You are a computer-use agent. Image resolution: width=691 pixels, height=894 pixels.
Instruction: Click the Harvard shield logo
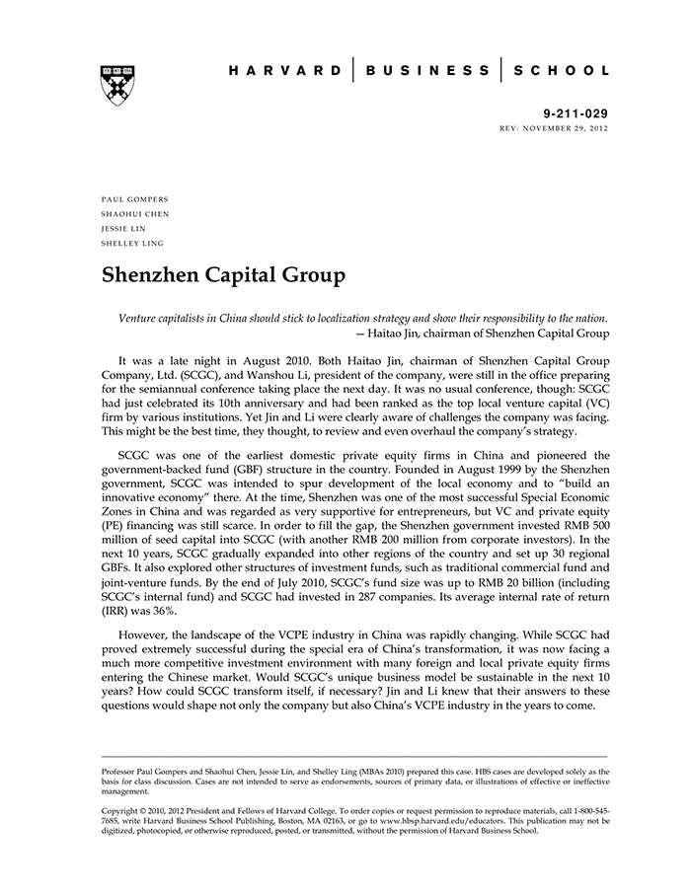pos(117,85)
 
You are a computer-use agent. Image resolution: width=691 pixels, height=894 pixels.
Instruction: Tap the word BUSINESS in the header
pos(427,71)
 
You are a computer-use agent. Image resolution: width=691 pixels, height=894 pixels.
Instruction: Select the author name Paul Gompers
pos(134,199)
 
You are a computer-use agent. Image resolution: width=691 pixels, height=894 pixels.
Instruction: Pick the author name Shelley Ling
pos(133,243)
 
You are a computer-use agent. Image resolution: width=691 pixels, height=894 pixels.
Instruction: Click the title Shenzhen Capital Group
pos(223,275)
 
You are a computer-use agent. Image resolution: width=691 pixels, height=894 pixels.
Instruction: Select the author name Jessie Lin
pos(123,228)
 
